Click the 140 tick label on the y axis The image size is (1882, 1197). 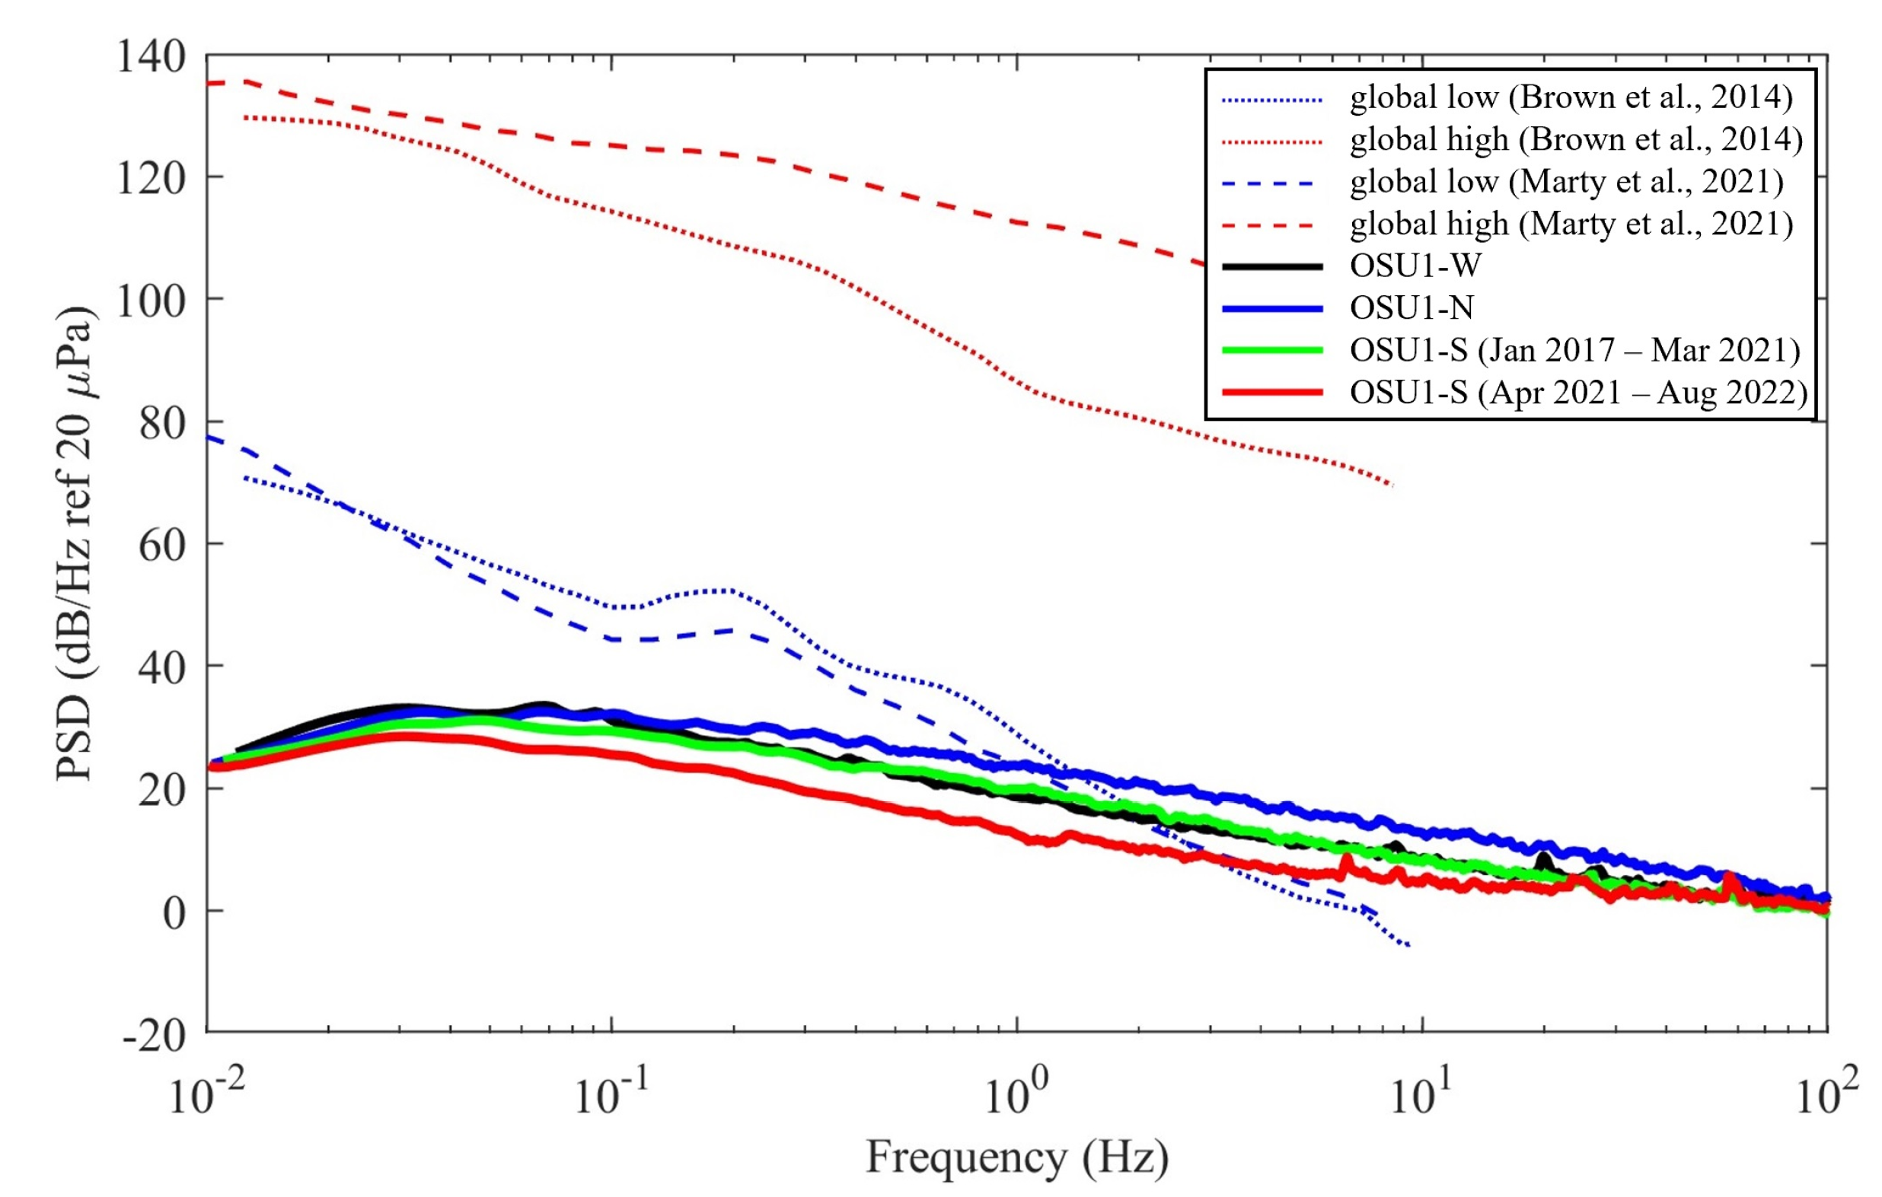coord(151,57)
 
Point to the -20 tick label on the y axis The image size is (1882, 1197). coord(154,1035)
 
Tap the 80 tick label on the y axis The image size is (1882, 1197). coord(162,424)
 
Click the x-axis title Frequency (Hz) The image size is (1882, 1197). coord(1017,1158)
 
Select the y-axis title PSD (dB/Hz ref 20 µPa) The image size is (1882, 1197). coord(76,543)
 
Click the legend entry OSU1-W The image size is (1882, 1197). coord(1415,266)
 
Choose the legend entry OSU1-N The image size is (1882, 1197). coord(1411,308)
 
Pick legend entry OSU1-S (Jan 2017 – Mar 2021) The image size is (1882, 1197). coord(1574,350)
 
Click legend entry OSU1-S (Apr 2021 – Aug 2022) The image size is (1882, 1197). coord(1578,392)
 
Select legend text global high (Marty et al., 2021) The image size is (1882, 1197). coord(1571,224)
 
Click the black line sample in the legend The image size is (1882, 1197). coord(1271,266)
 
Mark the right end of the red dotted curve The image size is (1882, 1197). coord(1391,485)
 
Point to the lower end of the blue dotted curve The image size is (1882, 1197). coord(1408,946)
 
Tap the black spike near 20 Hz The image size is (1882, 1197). coord(1542,858)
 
